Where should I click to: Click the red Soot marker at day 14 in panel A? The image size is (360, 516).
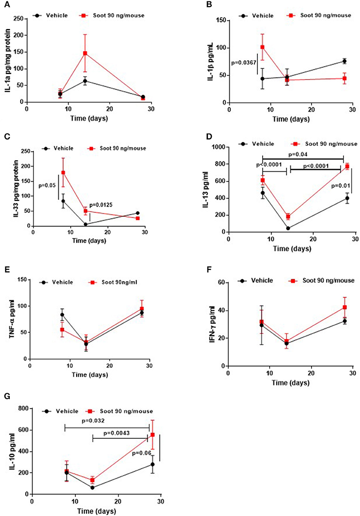tap(85, 53)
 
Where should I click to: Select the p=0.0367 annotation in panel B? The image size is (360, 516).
tap(244, 63)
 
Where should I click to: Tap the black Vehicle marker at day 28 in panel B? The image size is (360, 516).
tap(344, 61)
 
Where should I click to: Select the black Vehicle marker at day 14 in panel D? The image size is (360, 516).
tap(288, 228)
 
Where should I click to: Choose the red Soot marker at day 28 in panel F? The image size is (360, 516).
tap(344, 307)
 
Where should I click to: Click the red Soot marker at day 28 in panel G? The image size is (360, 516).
tap(152, 435)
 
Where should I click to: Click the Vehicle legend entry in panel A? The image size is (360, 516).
tap(50, 16)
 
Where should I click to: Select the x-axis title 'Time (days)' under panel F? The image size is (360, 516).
tap(290, 383)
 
